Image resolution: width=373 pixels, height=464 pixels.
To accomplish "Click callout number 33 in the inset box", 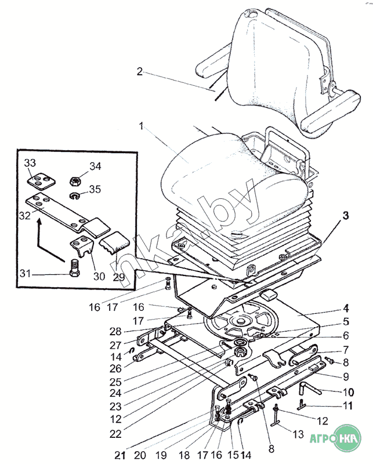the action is click(x=30, y=163).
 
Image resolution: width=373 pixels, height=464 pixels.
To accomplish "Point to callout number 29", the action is click(x=119, y=277).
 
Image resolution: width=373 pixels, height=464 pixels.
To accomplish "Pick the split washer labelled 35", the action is click(x=75, y=196).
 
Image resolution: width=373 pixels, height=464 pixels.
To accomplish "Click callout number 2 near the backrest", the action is click(x=140, y=71).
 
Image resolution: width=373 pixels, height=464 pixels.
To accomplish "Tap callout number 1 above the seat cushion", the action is click(x=141, y=126).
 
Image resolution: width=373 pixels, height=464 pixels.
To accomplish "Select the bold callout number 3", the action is click(x=346, y=215).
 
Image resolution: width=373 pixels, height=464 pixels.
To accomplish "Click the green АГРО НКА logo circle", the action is click(x=349, y=438).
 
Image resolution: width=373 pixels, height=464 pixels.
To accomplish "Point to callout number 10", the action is click(x=349, y=392).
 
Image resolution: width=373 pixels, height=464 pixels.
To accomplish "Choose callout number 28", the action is click(x=115, y=331).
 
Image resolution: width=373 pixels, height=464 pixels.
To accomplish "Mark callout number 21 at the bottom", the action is click(x=120, y=455).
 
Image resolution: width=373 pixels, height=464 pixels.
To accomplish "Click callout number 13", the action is click(x=298, y=434).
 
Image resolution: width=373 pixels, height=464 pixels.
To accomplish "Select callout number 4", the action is click(x=346, y=309).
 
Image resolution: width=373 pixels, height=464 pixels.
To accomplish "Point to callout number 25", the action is click(x=115, y=382).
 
